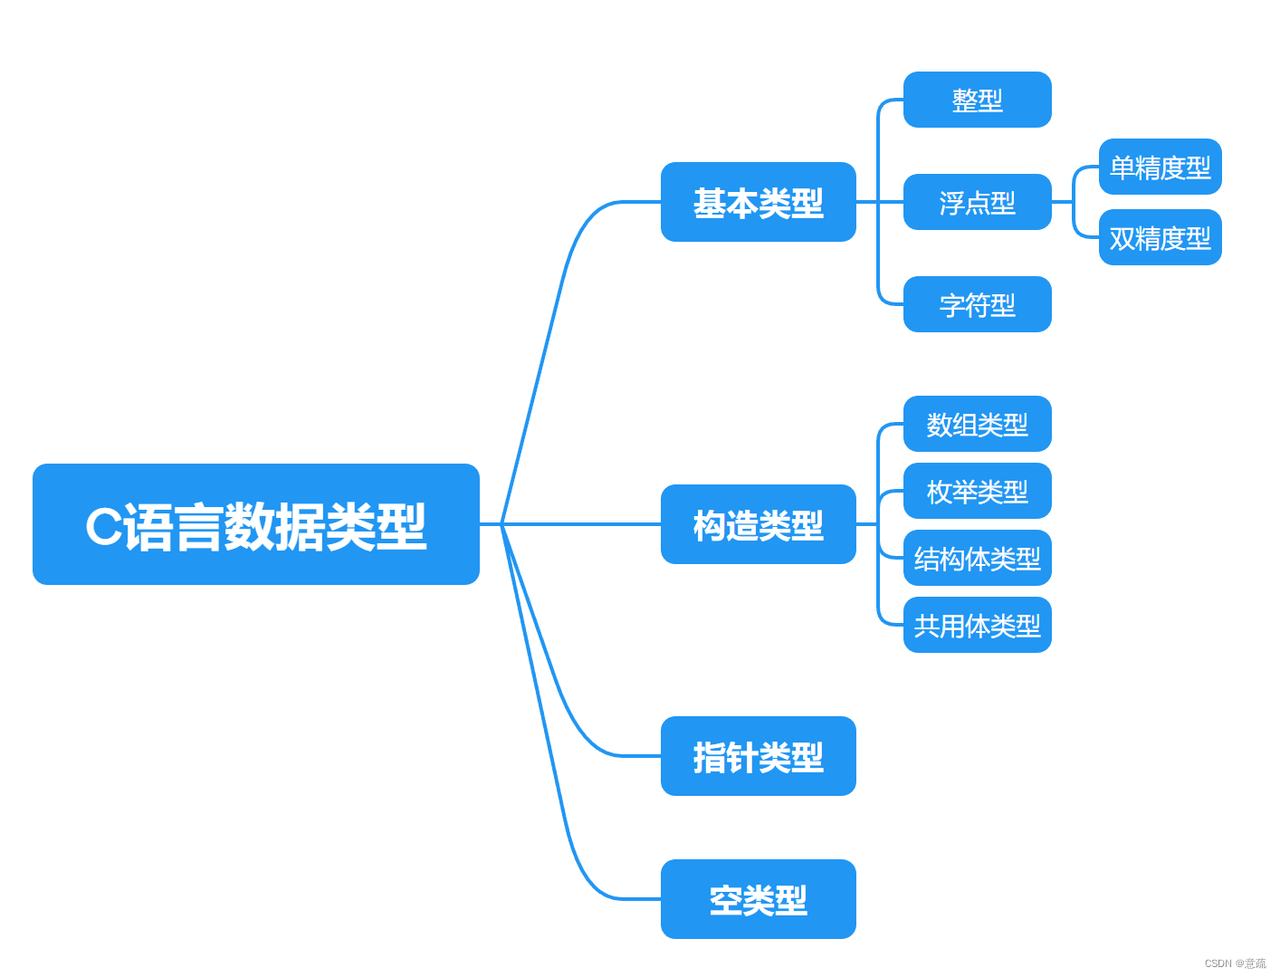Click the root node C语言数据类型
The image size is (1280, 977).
255,524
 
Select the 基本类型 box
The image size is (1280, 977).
758,202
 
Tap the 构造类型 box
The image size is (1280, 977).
758,524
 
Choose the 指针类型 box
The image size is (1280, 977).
758,756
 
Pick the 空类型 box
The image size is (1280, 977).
758,899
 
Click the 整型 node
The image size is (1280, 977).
977,100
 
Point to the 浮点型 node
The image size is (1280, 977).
977,202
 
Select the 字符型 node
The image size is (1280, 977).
977,304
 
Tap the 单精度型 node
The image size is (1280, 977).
1160,167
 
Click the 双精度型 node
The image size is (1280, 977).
1160,237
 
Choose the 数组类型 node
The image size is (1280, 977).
977,424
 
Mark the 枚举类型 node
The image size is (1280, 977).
977,491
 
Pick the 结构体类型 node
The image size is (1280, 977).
977,558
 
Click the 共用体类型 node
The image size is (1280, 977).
977,625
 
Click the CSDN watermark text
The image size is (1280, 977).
1235,963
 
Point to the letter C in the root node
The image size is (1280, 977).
103,525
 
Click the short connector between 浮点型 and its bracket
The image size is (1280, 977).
1062,202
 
